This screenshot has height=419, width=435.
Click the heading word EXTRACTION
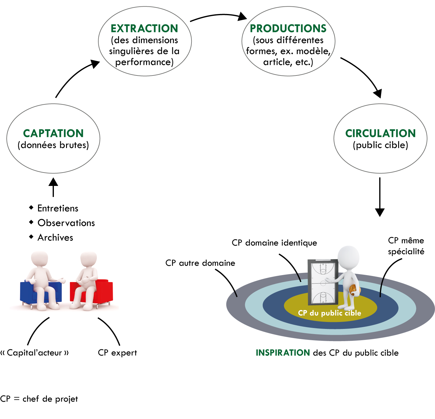(144, 28)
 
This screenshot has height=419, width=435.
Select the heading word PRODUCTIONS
(288, 28)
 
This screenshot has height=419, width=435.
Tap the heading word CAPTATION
(53, 133)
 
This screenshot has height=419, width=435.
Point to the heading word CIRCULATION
(380, 133)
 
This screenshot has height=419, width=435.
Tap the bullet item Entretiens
(58, 208)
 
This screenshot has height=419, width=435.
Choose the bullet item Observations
(66, 223)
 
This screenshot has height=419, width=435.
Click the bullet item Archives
(55, 238)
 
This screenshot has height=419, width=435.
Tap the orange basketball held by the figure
(353, 290)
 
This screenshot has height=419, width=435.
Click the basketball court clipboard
(323, 281)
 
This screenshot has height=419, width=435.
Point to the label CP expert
(117, 353)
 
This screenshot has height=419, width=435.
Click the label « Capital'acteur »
(34, 353)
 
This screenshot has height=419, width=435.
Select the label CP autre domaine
(200, 263)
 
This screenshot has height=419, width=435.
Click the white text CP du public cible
(329, 313)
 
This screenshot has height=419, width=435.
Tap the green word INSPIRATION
(282, 353)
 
